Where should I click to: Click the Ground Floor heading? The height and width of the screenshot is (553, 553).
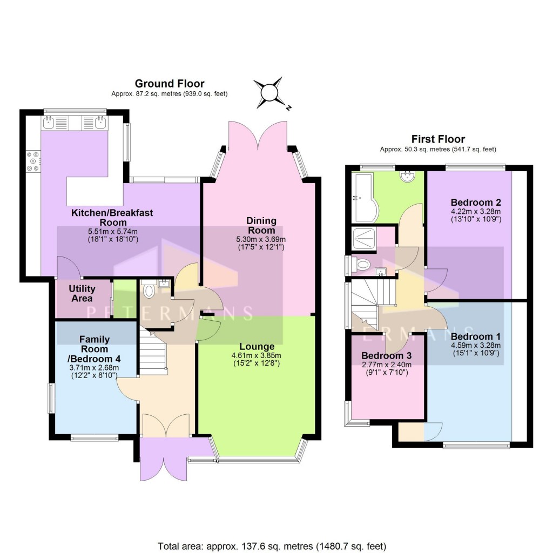coord(170,84)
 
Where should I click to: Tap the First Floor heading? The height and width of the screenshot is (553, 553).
coord(438,139)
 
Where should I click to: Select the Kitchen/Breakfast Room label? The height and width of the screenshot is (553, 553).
coord(112,218)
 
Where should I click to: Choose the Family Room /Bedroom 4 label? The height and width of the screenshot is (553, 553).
coord(94,349)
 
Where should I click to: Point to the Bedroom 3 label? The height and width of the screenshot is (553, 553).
coord(387,356)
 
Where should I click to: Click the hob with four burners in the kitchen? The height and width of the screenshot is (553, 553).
coord(32,161)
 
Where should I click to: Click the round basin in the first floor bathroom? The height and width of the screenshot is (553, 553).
coord(406,175)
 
